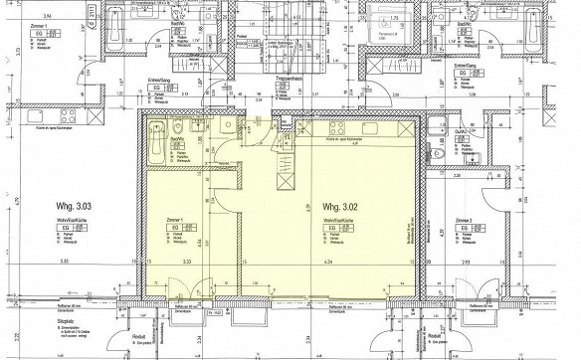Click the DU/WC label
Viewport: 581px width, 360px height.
pos(461,132)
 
